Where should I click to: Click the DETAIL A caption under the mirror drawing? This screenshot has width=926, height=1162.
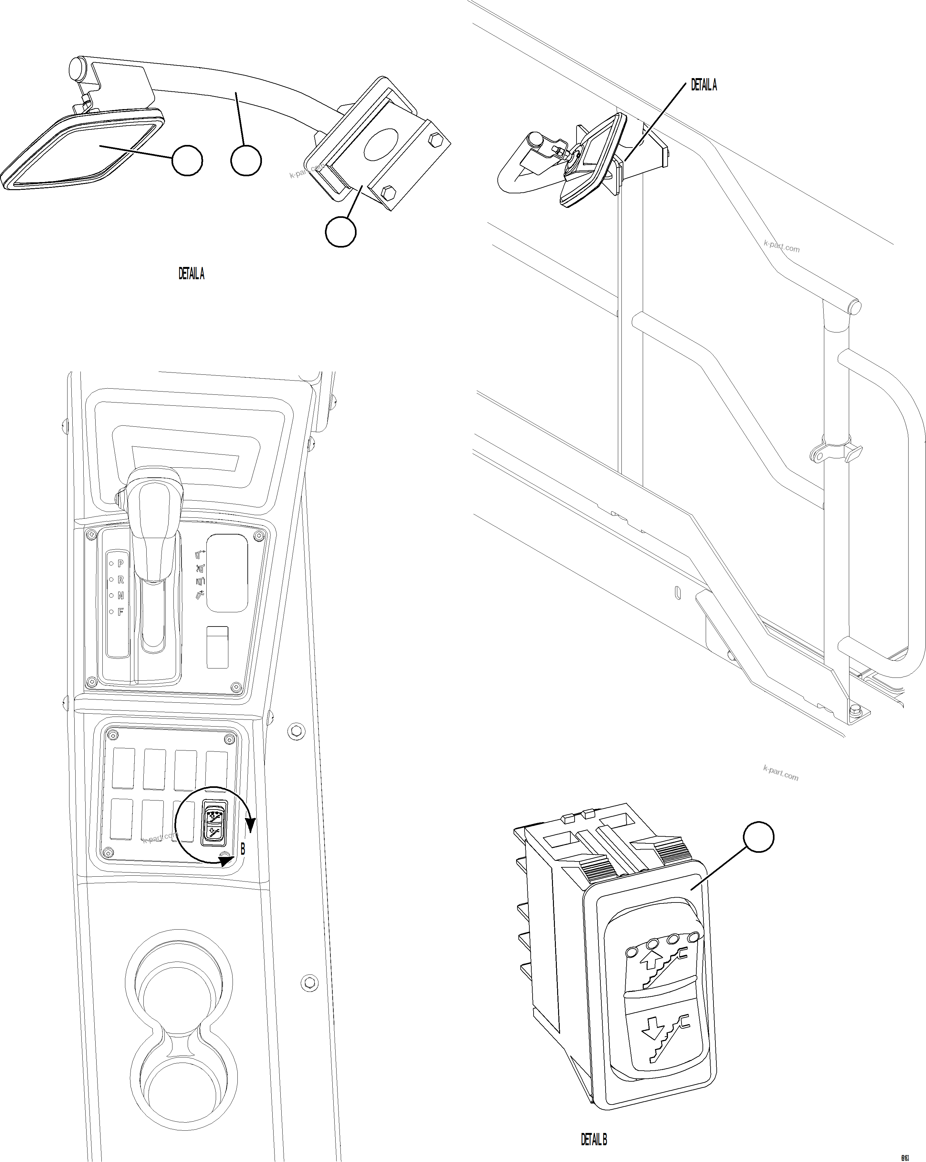pyautogui.click(x=192, y=274)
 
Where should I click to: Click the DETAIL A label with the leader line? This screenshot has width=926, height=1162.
pyautogui.click(x=704, y=86)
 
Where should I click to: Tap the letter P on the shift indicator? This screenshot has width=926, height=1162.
pyautogui.click(x=120, y=563)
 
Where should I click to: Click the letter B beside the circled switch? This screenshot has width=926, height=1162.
pyautogui.click(x=243, y=850)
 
